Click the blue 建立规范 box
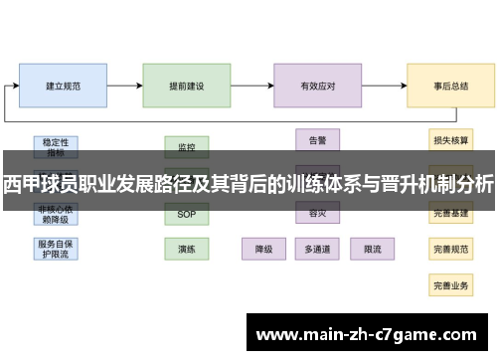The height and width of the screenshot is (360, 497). point(63,87)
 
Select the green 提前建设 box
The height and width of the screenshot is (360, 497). point(186,87)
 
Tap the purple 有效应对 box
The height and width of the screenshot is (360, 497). point(317,87)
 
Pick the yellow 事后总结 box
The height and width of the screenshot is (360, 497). point(450,87)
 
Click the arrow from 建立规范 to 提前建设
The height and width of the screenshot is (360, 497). point(124,87)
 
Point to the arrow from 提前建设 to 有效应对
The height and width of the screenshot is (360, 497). point(252,87)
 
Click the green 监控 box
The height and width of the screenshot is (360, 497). point(186,146)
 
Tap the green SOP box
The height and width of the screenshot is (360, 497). point(186,214)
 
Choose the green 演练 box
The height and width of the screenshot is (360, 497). point(186,249)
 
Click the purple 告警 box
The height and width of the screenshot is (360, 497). point(317,140)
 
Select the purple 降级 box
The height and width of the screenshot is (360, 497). point(264,249)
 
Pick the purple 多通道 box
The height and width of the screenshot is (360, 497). point(317,249)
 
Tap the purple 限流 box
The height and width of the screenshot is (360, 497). point(372,249)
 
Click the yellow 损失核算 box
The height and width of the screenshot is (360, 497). point(450,140)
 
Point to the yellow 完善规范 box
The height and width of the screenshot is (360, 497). point(450,249)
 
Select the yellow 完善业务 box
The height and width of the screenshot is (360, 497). point(450,285)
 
